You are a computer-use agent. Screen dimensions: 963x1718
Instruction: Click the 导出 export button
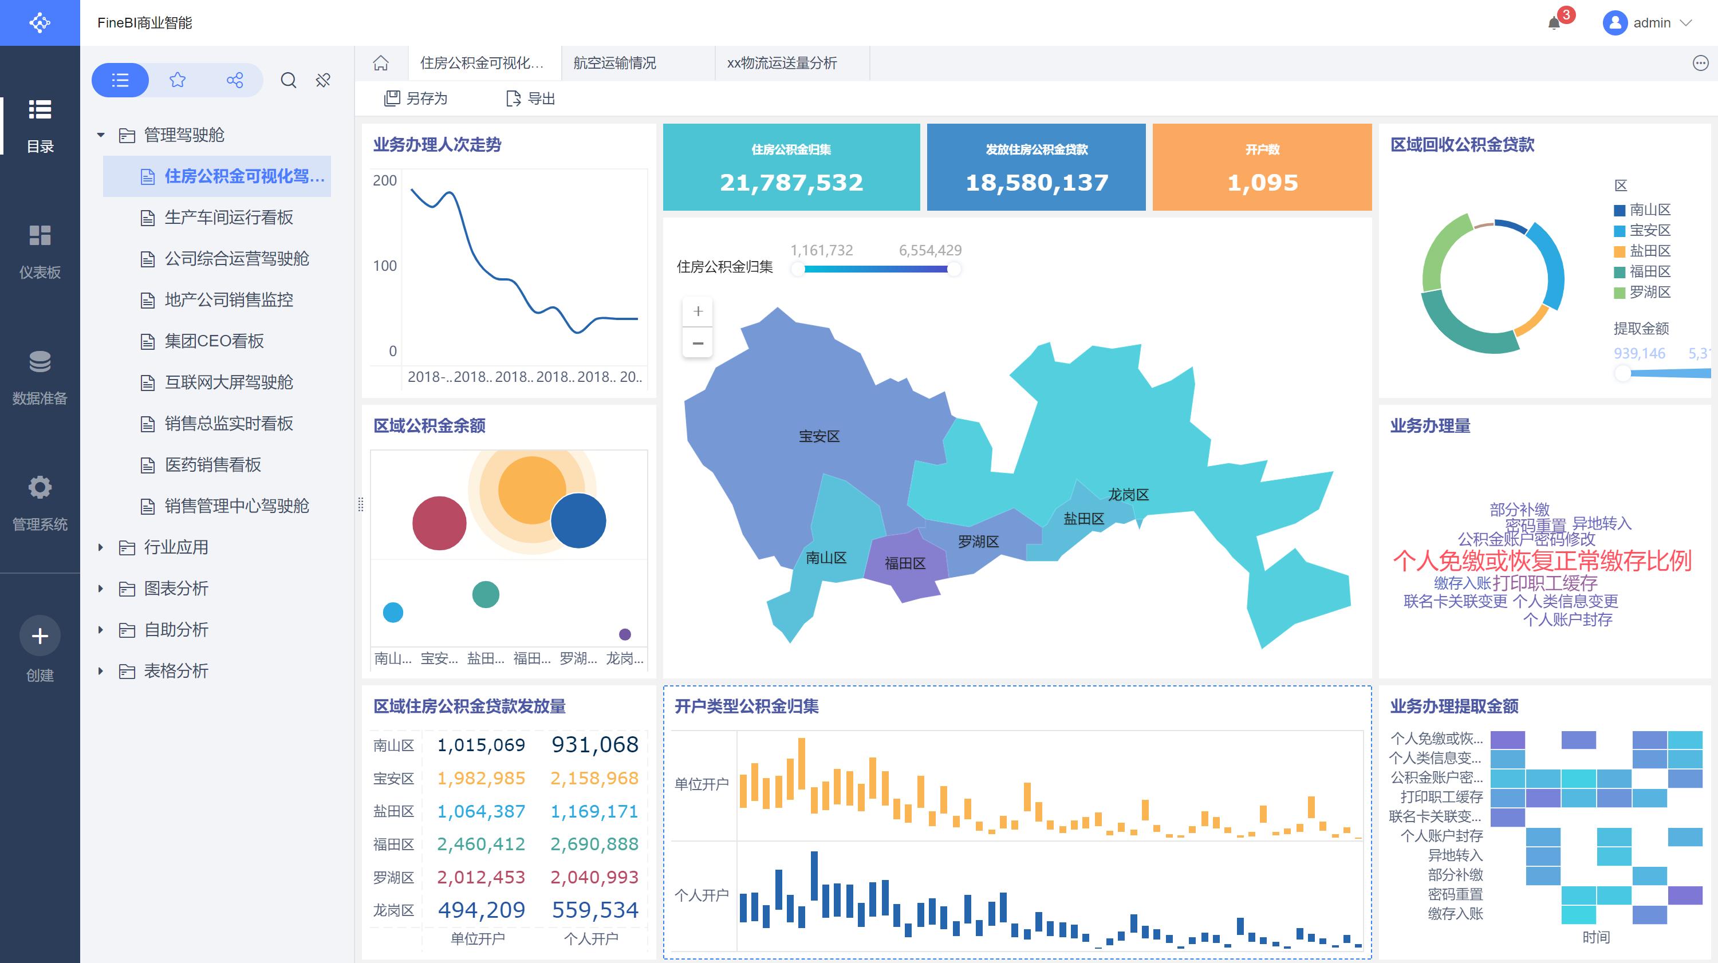click(531, 98)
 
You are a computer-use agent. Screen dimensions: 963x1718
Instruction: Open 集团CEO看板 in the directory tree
click(214, 341)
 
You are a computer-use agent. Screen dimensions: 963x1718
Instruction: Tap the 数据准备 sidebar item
click(40, 377)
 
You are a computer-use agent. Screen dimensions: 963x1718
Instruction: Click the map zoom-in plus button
click(698, 311)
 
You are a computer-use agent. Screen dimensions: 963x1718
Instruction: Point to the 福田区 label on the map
click(904, 563)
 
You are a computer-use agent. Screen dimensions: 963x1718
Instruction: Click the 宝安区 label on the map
click(819, 437)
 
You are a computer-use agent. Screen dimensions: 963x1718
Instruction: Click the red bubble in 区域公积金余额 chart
click(439, 523)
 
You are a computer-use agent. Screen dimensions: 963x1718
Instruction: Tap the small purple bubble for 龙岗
click(624, 634)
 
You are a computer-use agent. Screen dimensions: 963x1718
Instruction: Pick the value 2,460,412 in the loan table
click(480, 844)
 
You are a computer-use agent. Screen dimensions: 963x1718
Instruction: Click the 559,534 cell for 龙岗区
click(594, 910)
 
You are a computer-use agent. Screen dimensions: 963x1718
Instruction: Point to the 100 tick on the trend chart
click(385, 266)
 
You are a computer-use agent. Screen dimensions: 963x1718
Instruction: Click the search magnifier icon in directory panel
click(288, 81)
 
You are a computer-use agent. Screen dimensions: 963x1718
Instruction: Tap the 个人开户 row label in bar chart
click(701, 895)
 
